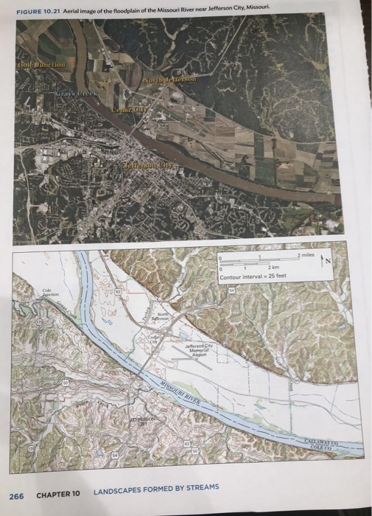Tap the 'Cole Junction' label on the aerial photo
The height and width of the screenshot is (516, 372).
41,66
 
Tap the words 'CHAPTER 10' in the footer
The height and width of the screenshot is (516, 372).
57,493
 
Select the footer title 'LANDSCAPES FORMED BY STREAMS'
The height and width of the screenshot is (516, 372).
156,492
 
